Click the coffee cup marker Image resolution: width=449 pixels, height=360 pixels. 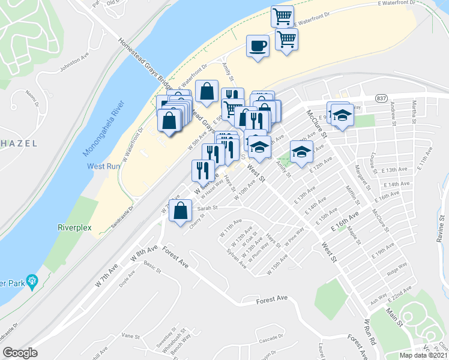258,46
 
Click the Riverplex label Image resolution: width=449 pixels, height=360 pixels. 73,228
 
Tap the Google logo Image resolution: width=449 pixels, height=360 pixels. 20,352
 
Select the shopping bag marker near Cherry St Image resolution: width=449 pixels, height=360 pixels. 181,211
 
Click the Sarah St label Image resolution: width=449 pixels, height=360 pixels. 207,208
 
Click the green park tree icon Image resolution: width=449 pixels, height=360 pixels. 32,280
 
